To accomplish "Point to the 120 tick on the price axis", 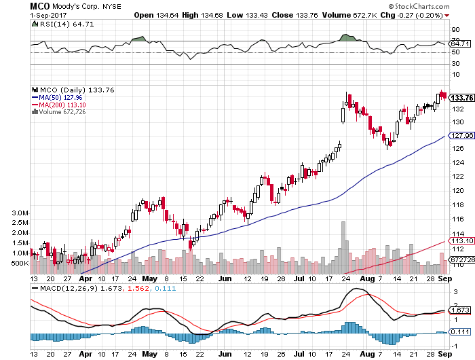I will pos(457,190).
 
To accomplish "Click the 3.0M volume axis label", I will pos(18,213).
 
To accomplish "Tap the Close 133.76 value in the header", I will pos(283,14).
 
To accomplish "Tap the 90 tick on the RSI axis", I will pos(456,29).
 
